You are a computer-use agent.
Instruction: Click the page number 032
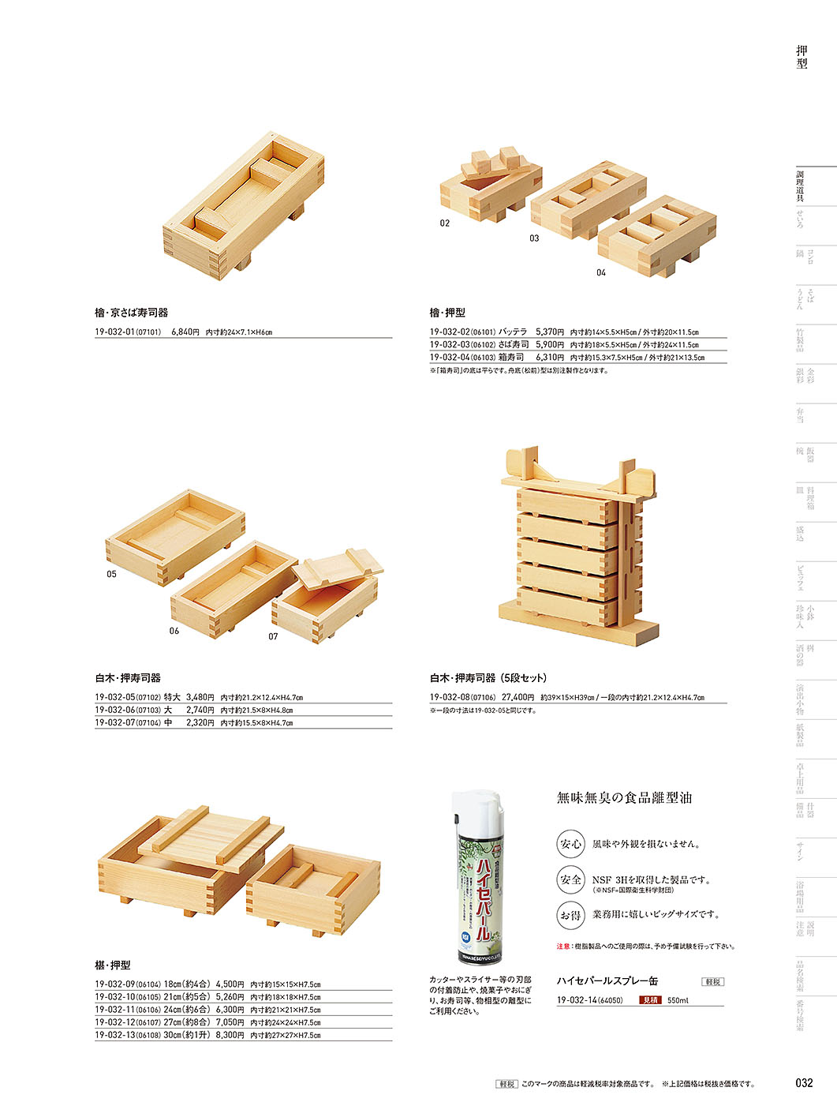(803, 1083)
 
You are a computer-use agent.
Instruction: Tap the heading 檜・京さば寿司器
(132, 313)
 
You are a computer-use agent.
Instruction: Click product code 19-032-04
(448, 358)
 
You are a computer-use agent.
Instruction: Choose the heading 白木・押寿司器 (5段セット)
(488, 678)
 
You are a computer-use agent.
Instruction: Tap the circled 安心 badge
(570, 844)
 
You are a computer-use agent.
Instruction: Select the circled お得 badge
(570, 915)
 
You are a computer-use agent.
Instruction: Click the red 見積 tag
(650, 1000)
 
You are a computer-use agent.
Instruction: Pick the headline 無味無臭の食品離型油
(624, 798)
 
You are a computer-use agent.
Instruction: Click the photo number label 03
(534, 238)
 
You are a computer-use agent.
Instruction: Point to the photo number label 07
(273, 636)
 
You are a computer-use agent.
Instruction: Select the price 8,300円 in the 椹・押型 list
(230, 1035)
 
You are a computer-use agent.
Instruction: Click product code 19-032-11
(114, 1010)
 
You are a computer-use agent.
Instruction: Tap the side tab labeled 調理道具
(800, 186)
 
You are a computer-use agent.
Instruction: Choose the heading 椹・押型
(113, 965)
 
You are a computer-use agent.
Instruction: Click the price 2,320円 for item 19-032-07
(200, 723)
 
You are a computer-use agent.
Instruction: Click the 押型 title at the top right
(802, 58)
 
